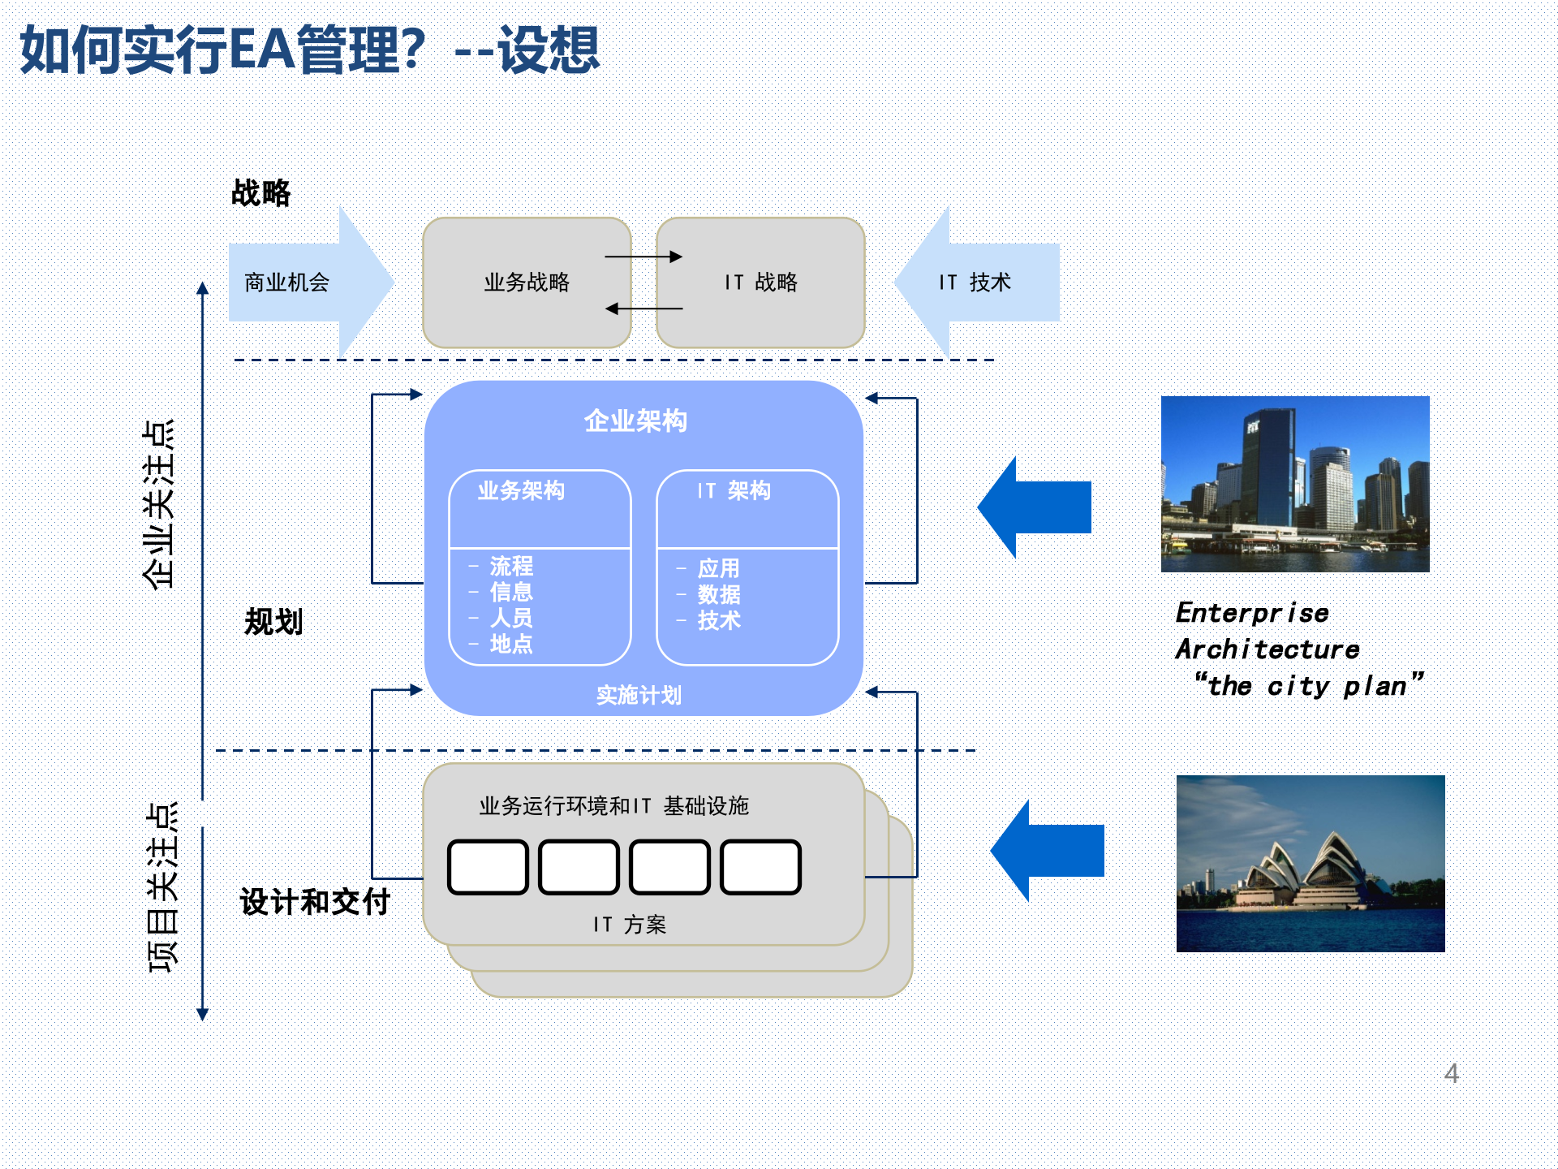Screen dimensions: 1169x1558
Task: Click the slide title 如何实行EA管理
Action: (308, 50)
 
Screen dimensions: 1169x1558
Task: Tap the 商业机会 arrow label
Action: (286, 283)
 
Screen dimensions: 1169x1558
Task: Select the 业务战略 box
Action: (527, 283)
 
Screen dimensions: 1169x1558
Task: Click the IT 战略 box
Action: (760, 283)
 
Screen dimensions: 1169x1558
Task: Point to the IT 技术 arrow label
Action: (975, 283)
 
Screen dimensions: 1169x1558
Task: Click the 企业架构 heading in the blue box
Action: (635, 421)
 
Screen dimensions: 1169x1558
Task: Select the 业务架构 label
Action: (521, 490)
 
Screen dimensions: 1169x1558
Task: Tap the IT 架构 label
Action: (734, 490)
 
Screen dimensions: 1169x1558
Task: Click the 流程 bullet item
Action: (511, 566)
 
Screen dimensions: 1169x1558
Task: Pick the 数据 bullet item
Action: (719, 594)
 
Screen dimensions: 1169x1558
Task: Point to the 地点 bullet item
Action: (511, 644)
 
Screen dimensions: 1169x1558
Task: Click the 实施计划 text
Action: (639, 695)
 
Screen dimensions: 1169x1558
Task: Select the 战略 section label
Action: (260, 193)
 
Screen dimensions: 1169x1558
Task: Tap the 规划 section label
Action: (273, 622)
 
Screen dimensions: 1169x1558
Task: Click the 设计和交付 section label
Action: (315, 902)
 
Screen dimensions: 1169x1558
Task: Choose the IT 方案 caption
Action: (629, 924)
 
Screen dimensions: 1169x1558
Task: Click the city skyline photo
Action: (1295, 484)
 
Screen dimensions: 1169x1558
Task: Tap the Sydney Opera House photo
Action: (1311, 864)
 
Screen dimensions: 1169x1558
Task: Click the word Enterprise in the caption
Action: (1252, 613)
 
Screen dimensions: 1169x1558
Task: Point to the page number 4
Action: (1452, 1073)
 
